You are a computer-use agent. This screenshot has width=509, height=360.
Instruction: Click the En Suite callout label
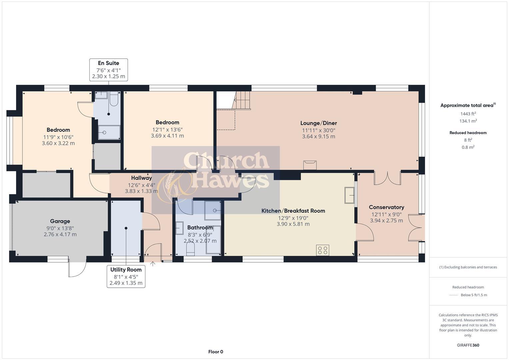108,70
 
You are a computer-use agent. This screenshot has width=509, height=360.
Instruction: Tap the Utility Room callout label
126,276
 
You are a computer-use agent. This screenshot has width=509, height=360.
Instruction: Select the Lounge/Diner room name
318,123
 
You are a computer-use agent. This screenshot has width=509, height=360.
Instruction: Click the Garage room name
60,221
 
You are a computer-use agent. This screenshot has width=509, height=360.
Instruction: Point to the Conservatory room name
386,207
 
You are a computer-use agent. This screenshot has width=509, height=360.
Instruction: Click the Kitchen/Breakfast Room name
293,211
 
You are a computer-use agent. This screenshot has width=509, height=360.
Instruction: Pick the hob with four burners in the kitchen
323,250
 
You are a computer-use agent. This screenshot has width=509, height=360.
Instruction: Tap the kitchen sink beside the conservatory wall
349,195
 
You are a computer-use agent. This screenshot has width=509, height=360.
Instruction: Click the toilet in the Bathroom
190,248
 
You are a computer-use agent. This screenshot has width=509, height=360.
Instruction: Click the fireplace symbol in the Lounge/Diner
310,165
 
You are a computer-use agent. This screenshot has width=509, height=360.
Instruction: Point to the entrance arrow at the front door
153,264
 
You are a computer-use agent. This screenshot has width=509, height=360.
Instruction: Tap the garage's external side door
77,267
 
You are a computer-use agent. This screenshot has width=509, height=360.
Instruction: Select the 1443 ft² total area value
468,114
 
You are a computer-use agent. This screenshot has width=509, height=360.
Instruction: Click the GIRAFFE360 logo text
468,345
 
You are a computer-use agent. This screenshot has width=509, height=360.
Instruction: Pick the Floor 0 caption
216,352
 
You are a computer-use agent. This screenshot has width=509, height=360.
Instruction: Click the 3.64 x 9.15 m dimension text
318,136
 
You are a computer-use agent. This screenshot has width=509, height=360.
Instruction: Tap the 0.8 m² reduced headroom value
468,147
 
